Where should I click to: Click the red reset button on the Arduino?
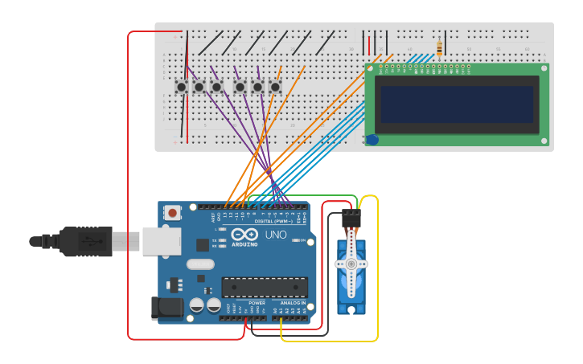(x=172, y=213)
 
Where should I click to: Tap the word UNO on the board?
(x=276, y=235)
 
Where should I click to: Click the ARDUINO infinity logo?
(x=244, y=234)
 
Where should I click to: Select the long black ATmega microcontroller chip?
(x=265, y=287)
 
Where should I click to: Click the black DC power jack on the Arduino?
(x=166, y=308)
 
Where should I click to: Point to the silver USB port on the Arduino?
(x=161, y=240)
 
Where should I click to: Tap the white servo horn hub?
(x=351, y=264)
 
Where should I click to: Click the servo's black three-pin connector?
(x=351, y=217)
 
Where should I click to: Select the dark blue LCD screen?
(x=457, y=104)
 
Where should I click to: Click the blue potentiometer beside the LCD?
(x=372, y=140)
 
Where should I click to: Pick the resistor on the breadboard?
(x=438, y=48)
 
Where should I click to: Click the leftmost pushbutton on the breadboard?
(x=182, y=87)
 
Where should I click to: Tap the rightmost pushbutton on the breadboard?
(x=275, y=87)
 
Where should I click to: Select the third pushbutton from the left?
(x=216, y=87)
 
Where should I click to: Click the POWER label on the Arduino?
(x=245, y=303)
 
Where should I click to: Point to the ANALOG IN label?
(x=292, y=303)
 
